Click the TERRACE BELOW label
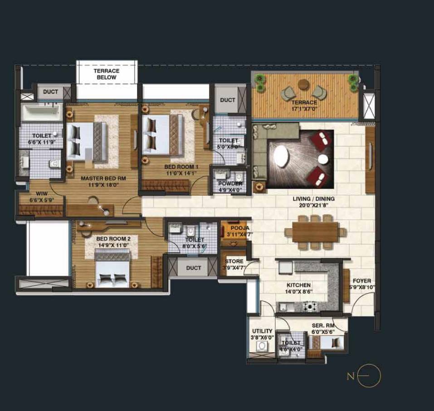tap(106, 74)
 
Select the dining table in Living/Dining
tap(315, 232)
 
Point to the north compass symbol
tap(368, 376)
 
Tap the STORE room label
tap(234, 261)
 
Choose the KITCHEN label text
tap(298, 285)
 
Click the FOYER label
tap(361, 281)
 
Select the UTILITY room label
tap(262, 331)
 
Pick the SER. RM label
tap(323, 325)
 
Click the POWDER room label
tap(230, 184)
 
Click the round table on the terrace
tap(303, 84)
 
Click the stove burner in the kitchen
tap(311, 307)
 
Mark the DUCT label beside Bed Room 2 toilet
tap(193, 268)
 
